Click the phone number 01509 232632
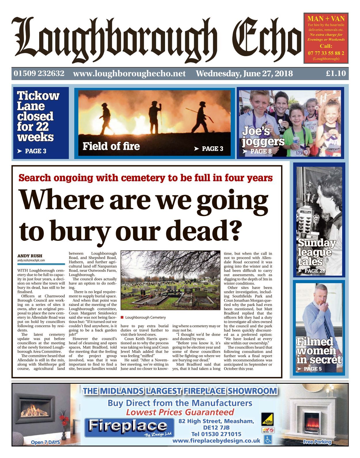coord(39,73)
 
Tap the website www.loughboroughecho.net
coord(129,74)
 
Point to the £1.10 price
coord(336,73)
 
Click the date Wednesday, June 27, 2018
coord(244,74)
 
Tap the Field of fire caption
coord(111,146)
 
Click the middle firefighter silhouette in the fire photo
coord(155,116)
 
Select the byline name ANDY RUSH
coord(30,256)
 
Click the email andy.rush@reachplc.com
coord(31,260)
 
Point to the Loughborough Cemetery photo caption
coord(145,317)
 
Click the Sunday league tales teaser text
coord(316,252)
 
